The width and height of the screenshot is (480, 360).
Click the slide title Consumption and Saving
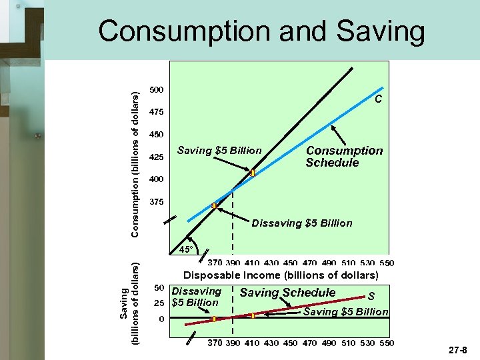tap(261, 31)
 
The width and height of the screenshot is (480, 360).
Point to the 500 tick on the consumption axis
tap(157, 89)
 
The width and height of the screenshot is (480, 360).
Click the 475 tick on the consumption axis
tap(157, 111)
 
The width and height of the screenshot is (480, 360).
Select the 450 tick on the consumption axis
tap(157, 134)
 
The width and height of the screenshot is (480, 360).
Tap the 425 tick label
tap(157, 157)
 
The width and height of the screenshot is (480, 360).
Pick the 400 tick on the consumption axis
tap(157, 179)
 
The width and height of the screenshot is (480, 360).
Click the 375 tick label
tap(157, 201)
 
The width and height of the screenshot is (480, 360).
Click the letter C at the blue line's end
tap(378, 99)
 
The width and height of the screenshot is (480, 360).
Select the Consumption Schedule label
tap(344, 157)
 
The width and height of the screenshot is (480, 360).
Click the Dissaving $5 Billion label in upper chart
tap(301, 223)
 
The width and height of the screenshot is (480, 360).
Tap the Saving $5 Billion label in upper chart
tap(219, 151)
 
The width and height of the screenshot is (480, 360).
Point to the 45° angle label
tap(186, 250)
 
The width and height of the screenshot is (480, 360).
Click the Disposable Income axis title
tap(281, 275)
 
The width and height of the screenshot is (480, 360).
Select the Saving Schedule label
tap(287, 293)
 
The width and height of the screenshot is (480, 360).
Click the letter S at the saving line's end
tap(371, 297)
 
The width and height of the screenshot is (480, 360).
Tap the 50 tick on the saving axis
tap(159, 288)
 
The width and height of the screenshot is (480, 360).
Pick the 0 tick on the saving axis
tap(161, 319)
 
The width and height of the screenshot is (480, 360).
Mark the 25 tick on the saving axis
tap(159, 303)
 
